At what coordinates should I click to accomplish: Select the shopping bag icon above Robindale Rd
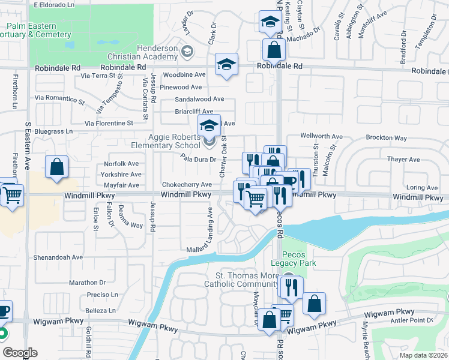(x=274, y=50)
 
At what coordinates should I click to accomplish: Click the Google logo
(x=20, y=353)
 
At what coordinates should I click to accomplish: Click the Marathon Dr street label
(x=87, y=283)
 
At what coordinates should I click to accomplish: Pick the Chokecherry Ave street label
(x=186, y=185)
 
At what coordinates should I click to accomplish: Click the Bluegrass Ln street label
(x=53, y=131)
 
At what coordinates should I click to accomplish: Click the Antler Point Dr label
(x=412, y=320)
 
